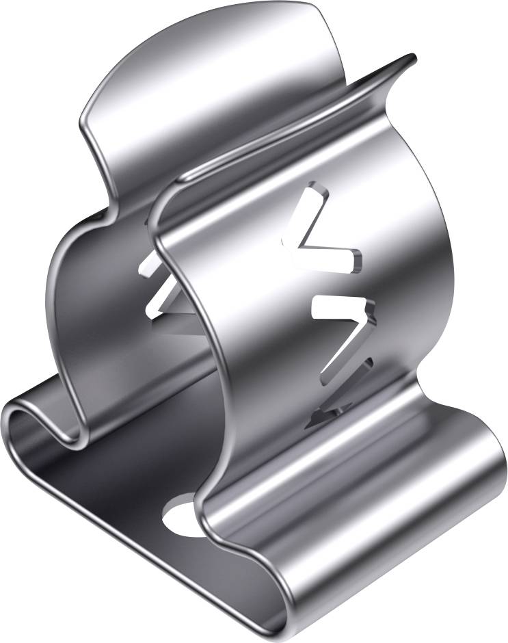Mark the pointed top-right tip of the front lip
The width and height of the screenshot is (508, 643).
coord(412,57)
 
